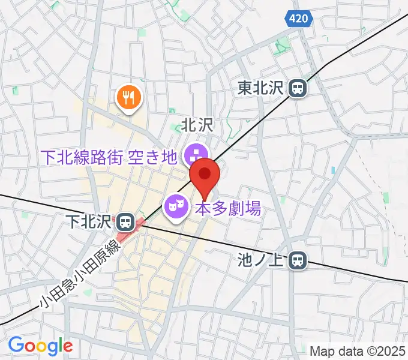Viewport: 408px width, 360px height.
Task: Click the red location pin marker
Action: pyautogui.click(x=205, y=176)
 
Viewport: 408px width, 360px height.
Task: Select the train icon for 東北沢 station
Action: pyautogui.click(x=297, y=89)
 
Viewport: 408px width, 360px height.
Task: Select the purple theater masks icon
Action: pyautogui.click(x=175, y=208)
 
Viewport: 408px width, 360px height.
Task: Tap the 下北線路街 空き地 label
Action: pyautogui.click(x=109, y=157)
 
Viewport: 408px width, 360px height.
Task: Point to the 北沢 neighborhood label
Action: pyautogui.click(x=198, y=126)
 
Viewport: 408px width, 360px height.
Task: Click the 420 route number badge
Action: pyautogui.click(x=298, y=19)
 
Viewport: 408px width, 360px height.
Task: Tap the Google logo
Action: pyautogui.click(x=40, y=346)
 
